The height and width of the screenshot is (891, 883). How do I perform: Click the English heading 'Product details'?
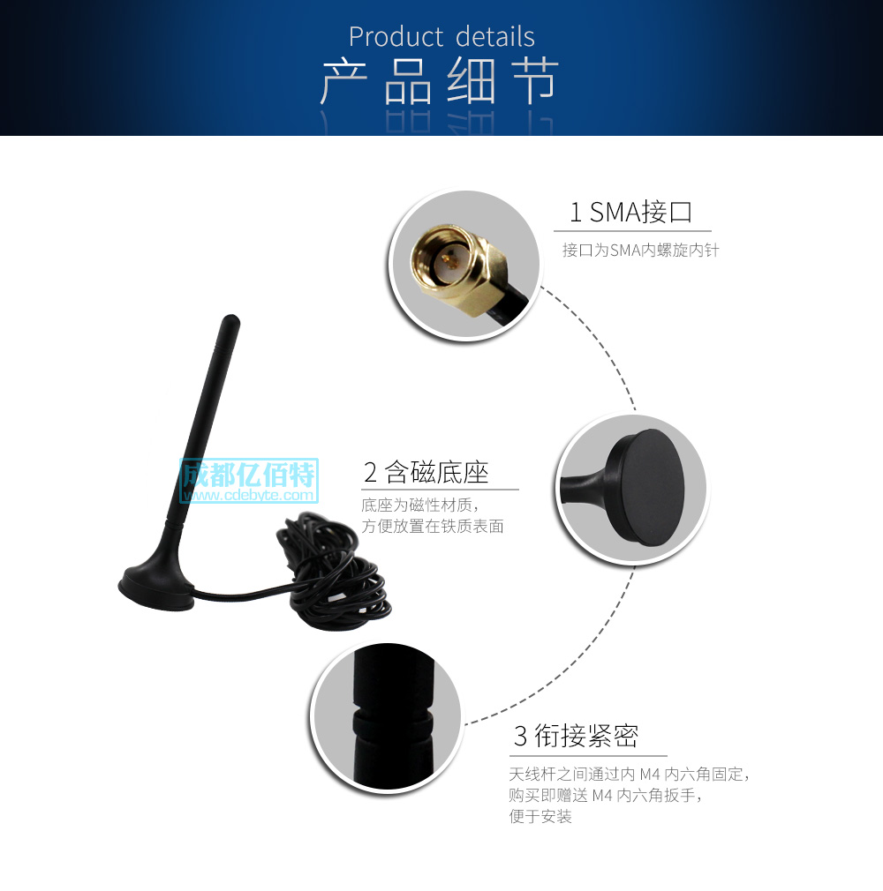coord(441,37)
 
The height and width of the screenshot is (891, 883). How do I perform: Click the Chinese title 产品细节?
coord(439,82)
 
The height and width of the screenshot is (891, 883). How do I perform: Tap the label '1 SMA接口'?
coord(630,212)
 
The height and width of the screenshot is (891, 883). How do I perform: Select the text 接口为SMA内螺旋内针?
coord(640,251)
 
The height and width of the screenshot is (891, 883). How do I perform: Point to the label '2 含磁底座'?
coord(426,473)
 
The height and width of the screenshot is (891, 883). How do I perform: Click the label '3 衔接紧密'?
coord(576,736)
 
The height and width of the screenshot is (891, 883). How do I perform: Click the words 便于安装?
coord(540,817)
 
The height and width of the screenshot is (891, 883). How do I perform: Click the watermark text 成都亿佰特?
coord(248,475)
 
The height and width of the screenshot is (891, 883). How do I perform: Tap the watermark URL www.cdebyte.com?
coord(248,495)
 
